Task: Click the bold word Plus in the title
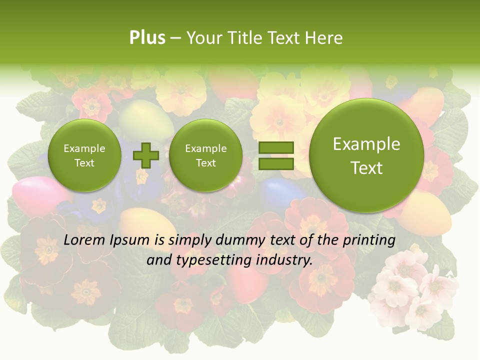pyautogui.click(x=147, y=38)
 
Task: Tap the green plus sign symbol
pyautogui.click(x=145, y=155)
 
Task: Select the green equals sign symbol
pyautogui.click(x=275, y=155)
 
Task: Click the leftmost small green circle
pyautogui.click(x=84, y=155)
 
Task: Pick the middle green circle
pyautogui.click(x=205, y=155)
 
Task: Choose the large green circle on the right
pyautogui.click(x=366, y=155)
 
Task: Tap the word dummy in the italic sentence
pyautogui.click(x=238, y=240)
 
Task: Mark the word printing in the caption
pyautogui.click(x=368, y=240)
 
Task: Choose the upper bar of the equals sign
pyautogui.click(x=275, y=147)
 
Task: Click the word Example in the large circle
pyautogui.click(x=366, y=144)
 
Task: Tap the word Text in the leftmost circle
pyautogui.click(x=84, y=163)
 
